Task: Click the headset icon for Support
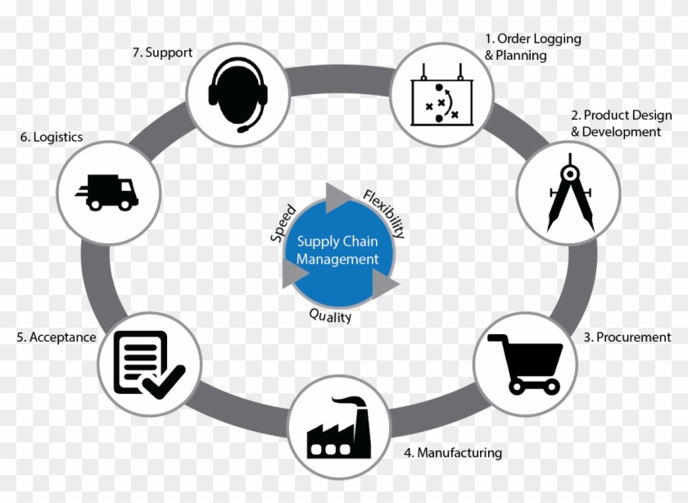click(x=238, y=94)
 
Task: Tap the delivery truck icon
click(x=107, y=193)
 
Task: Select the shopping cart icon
click(x=525, y=364)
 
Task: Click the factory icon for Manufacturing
click(x=339, y=428)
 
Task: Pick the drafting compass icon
click(x=570, y=193)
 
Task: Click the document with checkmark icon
click(x=149, y=365)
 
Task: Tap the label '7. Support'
click(x=162, y=52)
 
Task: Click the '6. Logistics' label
click(x=52, y=137)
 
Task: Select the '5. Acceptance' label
click(x=57, y=337)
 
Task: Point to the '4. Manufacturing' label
click(x=453, y=452)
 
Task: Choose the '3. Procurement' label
click(x=627, y=337)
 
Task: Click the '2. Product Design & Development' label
click(x=622, y=124)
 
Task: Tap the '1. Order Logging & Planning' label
click(x=532, y=47)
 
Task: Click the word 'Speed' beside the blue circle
click(x=283, y=224)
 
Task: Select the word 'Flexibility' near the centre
click(x=384, y=214)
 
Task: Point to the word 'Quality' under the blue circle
click(x=330, y=315)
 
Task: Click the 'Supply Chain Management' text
click(x=337, y=250)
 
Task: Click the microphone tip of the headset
click(x=242, y=129)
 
